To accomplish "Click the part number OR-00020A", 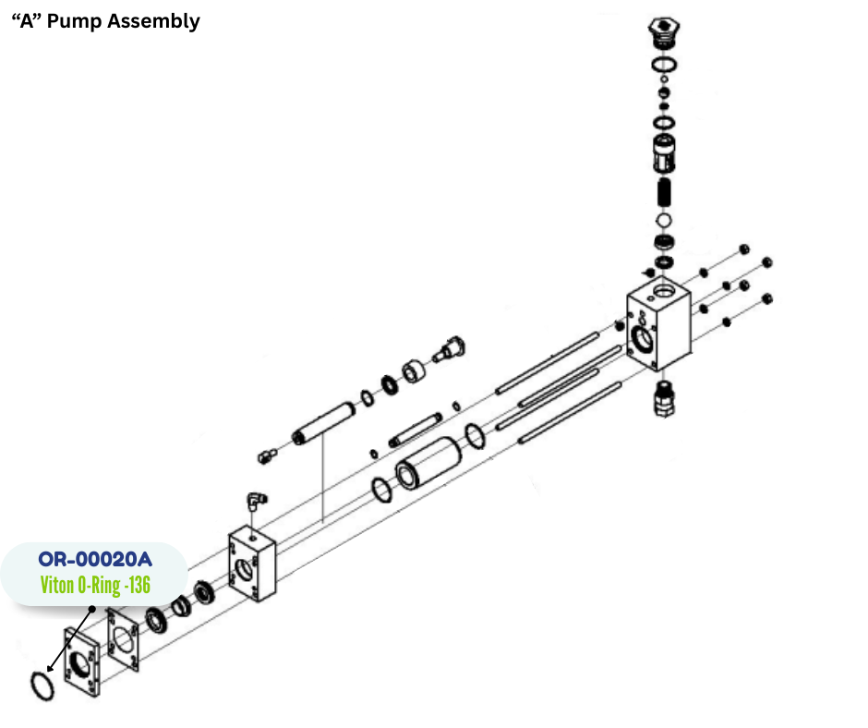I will [x=95, y=559].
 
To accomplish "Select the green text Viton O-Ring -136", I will [x=95, y=585].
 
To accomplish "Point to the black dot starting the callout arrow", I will [x=91, y=609].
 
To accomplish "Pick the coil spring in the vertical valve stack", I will [x=664, y=193].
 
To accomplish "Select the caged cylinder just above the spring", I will [x=664, y=152].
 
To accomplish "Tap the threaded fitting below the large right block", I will [x=662, y=395].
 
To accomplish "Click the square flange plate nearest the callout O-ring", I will [x=82, y=661].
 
